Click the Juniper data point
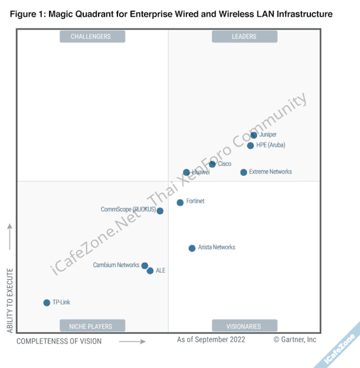(x=254, y=135)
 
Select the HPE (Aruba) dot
(x=250, y=145)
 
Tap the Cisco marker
(x=212, y=164)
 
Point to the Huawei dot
(x=186, y=172)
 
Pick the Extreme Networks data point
(x=243, y=172)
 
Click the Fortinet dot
(x=180, y=203)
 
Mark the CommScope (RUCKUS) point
(x=160, y=211)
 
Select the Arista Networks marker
(x=192, y=248)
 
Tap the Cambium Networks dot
(x=145, y=266)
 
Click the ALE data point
(x=150, y=271)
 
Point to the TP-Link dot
(x=47, y=302)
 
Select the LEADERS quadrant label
(x=243, y=37)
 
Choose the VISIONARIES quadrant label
(x=243, y=326)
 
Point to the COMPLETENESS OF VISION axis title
(x=59, y=341)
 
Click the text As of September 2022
(x=211, y=339)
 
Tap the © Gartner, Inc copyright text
(x=294, y=339)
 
